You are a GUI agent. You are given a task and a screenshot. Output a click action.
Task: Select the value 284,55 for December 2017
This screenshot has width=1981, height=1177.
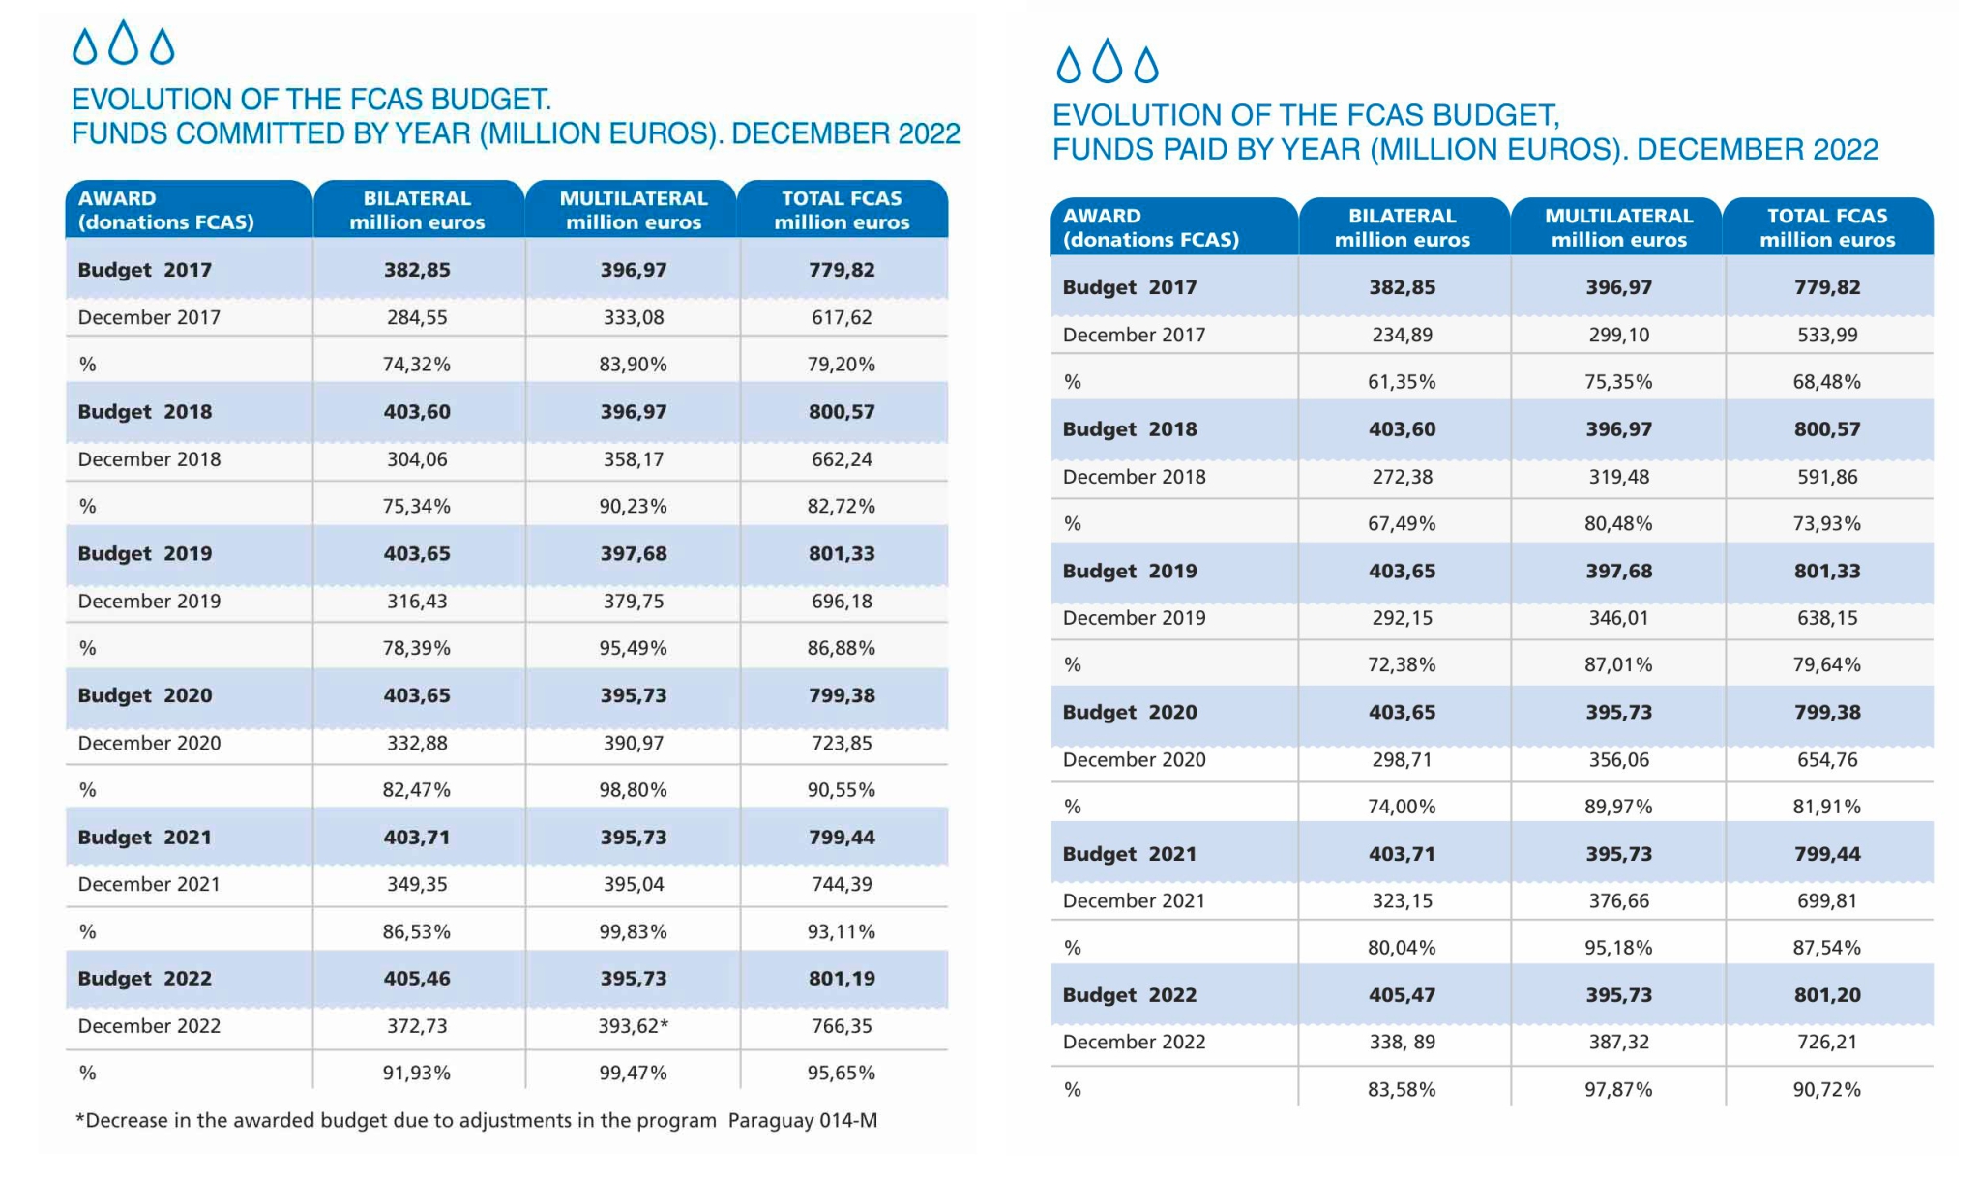[x=417, y=317]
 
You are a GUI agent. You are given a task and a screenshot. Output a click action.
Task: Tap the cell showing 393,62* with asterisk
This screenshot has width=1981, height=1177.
[x=634, y=1026]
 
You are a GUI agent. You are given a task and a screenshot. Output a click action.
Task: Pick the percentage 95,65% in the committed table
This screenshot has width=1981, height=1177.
[x=842, y=1074]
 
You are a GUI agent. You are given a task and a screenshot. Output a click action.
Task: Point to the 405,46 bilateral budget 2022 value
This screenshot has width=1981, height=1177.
[x=417, y=979]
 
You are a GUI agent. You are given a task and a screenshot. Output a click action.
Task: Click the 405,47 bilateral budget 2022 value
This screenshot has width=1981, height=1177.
[x=1402, y=995]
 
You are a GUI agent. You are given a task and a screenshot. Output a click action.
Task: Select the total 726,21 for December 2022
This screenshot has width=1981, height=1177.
[x=1827, y=1043]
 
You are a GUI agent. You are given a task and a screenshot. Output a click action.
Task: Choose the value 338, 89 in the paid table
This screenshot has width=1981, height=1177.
[x=1404, y=1043]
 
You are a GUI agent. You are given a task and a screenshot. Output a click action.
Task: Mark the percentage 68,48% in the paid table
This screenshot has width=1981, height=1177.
[x=1827, y=382]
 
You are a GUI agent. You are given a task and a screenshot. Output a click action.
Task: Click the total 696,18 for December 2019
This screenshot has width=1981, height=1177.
[x=842, y=602]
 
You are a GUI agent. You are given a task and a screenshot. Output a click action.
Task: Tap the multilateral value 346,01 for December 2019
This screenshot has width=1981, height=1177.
[x=1619, y=618]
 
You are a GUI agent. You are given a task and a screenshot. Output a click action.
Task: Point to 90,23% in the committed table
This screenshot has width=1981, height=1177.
[x=633, y=507]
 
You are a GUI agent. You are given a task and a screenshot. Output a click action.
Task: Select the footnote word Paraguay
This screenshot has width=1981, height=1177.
[x=770, y=1121]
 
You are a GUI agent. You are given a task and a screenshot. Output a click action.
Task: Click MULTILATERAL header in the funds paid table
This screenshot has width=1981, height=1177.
[x=1619, y=216]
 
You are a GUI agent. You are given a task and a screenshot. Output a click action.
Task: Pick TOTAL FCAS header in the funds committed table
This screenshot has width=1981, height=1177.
[x=842, y=198]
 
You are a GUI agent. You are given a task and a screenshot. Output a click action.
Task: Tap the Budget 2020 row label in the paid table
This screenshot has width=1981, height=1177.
[x=1130, y=713]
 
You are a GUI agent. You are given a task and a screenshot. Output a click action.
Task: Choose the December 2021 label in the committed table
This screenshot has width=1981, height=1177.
[x=149, y=885]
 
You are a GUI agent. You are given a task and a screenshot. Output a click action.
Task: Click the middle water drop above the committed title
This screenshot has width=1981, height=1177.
[x=123, y=43]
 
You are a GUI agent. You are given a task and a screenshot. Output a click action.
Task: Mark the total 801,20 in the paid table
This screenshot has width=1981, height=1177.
[x=1827, y=995]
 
